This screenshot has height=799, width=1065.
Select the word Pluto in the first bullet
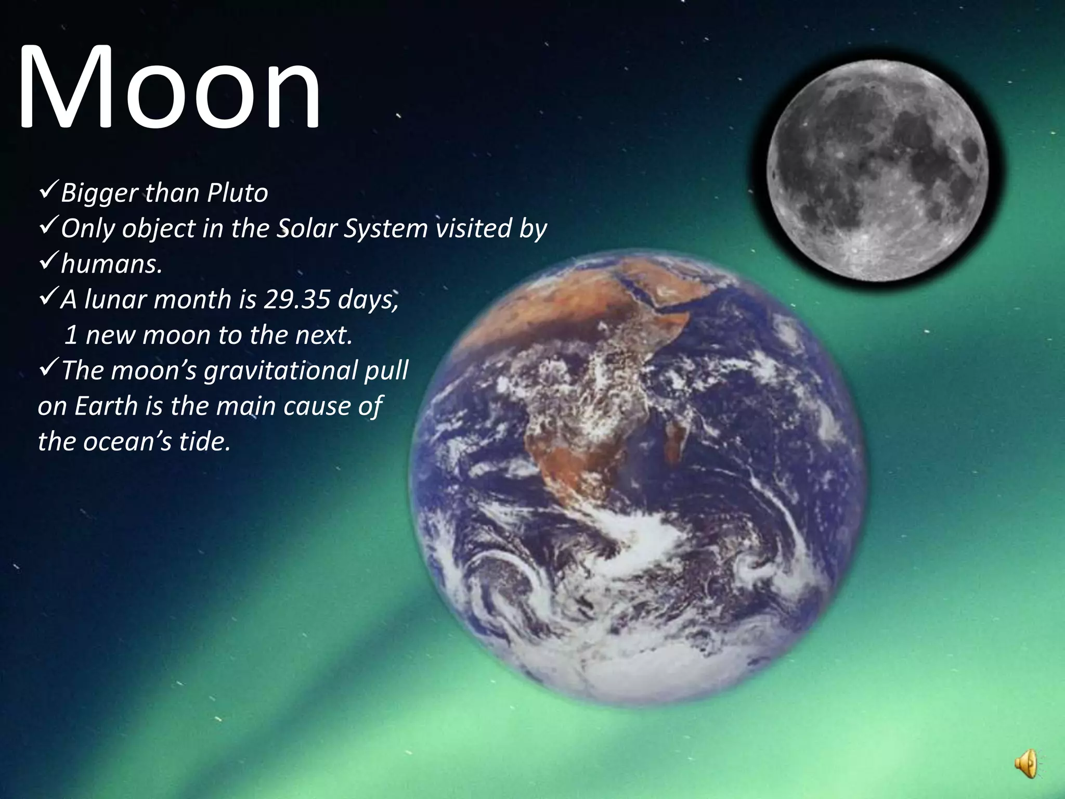(x=238, y=194)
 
